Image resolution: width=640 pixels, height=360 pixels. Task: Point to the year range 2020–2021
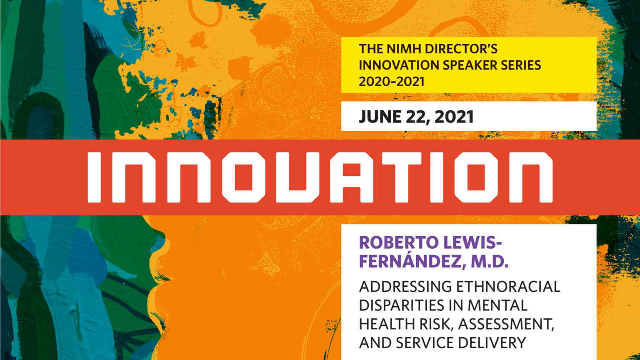pos(392,82)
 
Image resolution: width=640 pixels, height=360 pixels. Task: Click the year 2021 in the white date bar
pos(454,117)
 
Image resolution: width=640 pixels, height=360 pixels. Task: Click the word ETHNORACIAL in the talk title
pos(508,287)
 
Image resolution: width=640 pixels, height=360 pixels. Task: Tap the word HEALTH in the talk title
pos(384,324)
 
